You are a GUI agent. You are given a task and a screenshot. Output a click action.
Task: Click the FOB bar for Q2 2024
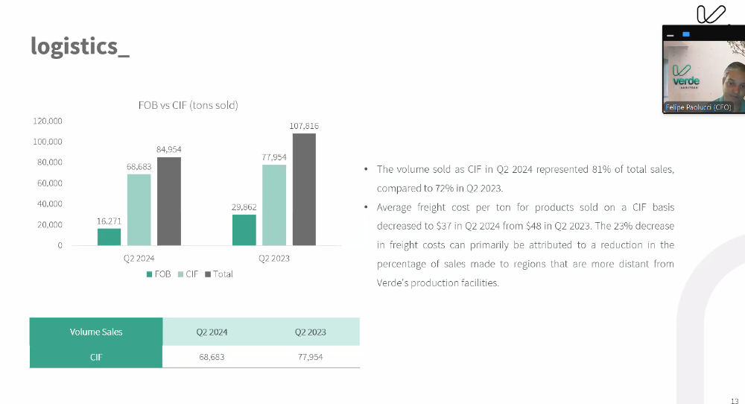pos(109,236)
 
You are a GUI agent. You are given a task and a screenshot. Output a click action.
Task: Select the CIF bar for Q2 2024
pos(139,209)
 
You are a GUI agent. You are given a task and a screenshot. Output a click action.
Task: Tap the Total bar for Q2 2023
pos(304,189)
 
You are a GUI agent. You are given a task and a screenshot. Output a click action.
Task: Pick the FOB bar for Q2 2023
pos(244,230)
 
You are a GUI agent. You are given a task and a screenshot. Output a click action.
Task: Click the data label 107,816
pos(304,126)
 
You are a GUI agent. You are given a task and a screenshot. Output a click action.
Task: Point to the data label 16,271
pos(109,221)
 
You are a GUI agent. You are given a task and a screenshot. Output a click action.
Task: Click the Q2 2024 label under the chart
pos(139,258)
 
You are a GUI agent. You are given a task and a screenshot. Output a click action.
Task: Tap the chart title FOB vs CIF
pos(188,105)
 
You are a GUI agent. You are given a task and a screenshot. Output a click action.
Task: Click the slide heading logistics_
pos(80,46)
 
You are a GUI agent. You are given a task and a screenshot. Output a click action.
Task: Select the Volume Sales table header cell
pos(96,332)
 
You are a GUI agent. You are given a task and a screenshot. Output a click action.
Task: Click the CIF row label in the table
pos(96,357)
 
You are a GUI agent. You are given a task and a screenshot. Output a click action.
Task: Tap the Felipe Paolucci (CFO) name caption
pos(698,108)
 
